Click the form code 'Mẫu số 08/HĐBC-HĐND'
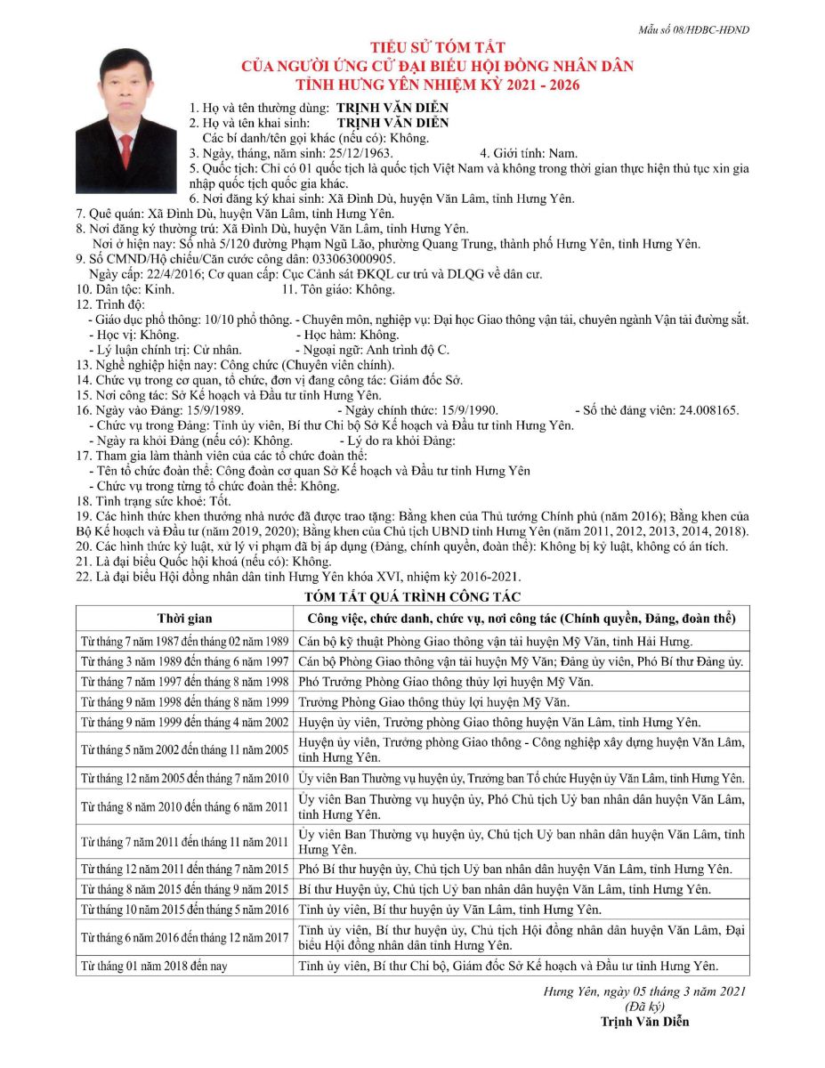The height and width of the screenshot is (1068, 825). pyautogui.click(x=693, y=29)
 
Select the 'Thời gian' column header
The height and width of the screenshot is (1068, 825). pyautogui.click(x=184, y=618)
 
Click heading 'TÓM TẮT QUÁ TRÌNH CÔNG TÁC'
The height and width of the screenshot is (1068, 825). pyautogui.click(x=412, y=596)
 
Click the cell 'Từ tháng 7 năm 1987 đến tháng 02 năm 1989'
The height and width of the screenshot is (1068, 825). pyautogui.click(x=184, y=641)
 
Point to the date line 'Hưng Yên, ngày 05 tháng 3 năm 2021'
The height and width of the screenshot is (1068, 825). pyautogui.click(x=645, y=991)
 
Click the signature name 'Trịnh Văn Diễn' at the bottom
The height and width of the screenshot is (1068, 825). pyautogui.click(x=645, y=1021)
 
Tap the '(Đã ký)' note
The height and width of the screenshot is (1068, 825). pyautogui.click(x=645, y=1006)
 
